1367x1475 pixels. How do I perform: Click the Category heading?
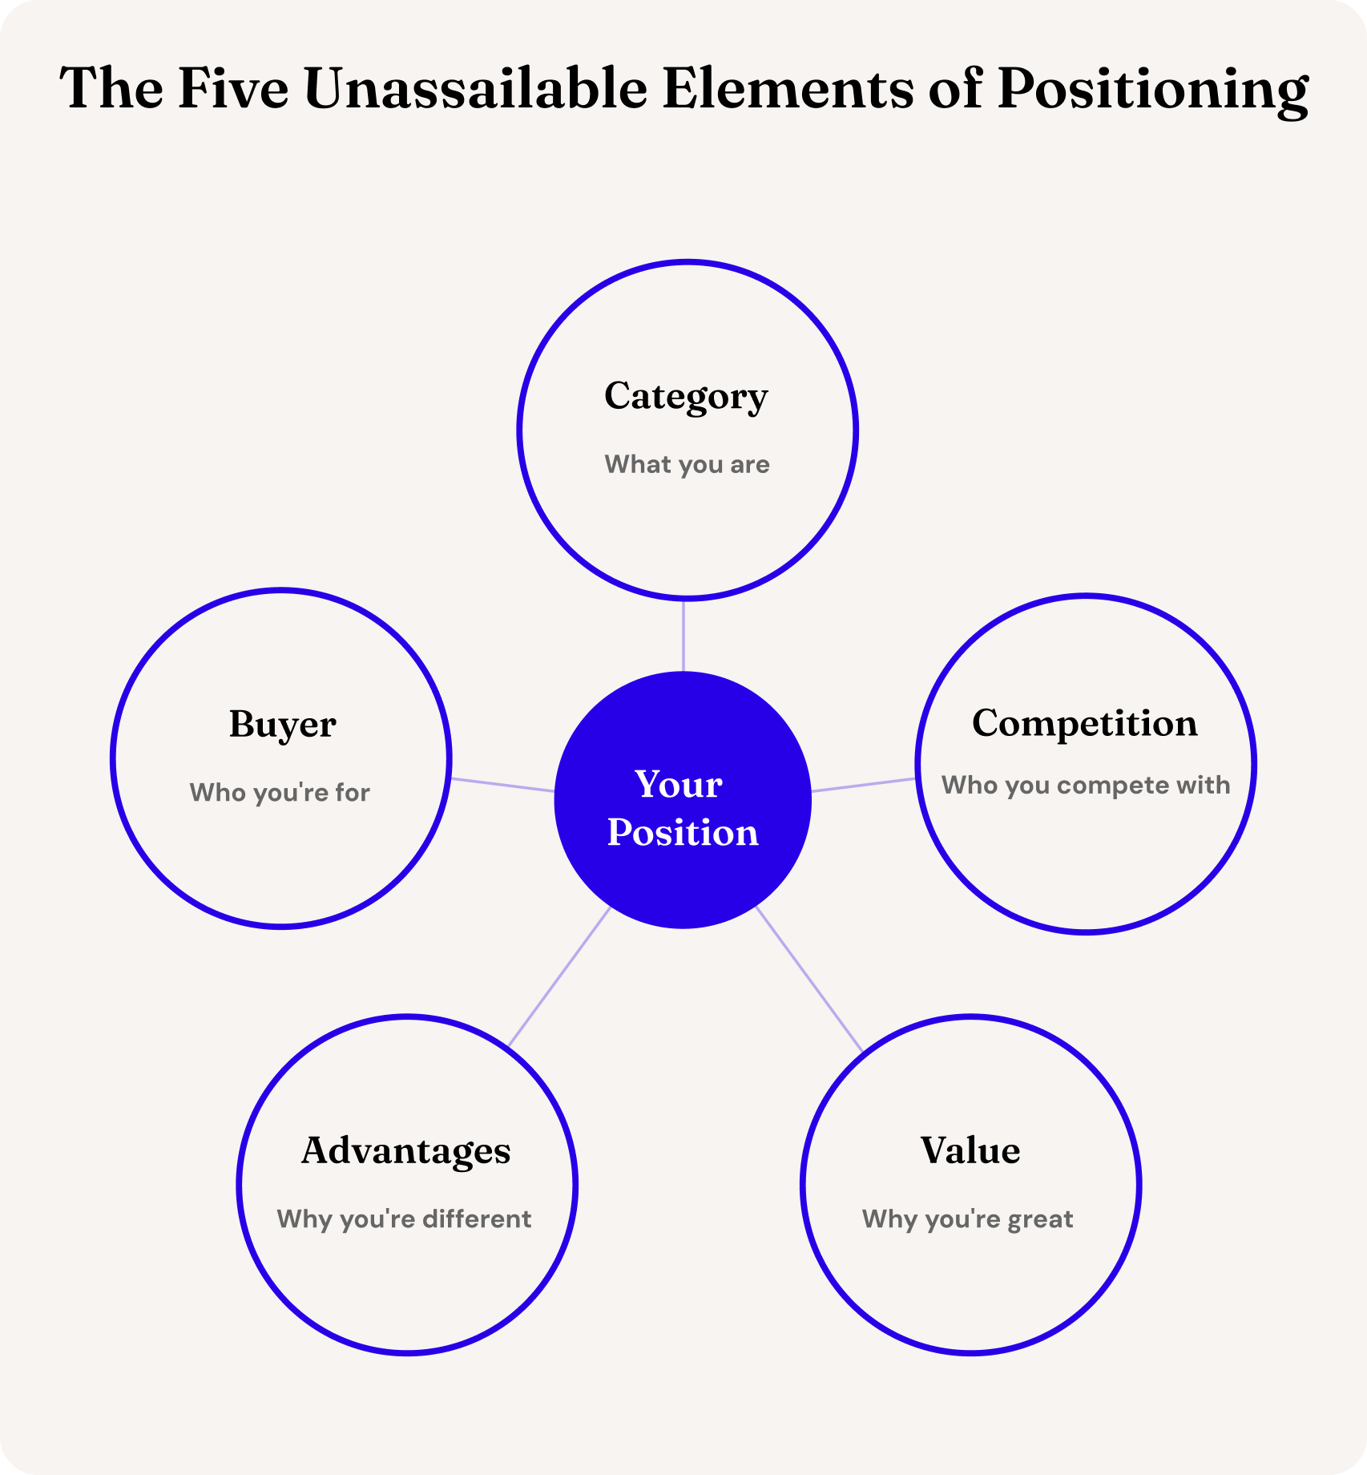pos(686,396)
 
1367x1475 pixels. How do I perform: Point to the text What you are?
pos(687,464)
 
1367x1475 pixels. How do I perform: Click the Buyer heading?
pos(282,724)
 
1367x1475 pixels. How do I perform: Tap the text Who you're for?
pos(280,792)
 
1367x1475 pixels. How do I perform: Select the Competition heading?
pos(1084,723)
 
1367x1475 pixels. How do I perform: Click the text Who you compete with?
pos(1086,785)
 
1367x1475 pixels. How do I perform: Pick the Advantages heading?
pos(405,1151)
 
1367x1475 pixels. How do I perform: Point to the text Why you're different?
pos(404,1218)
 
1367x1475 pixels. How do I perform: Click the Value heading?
pos(970,1150)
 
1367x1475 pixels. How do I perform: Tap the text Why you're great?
pos(967,1218)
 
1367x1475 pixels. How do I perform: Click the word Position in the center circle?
pos(683,832)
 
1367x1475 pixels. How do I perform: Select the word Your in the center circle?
pos(679,784)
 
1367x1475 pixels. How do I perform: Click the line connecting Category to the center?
pos(683,635)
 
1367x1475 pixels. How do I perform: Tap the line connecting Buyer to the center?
pos(502,785)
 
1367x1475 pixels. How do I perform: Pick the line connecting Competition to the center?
pos(864,785)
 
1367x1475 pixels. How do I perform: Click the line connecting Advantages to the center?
pos(559,976)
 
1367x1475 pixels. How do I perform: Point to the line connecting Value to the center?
pos(809,979)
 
